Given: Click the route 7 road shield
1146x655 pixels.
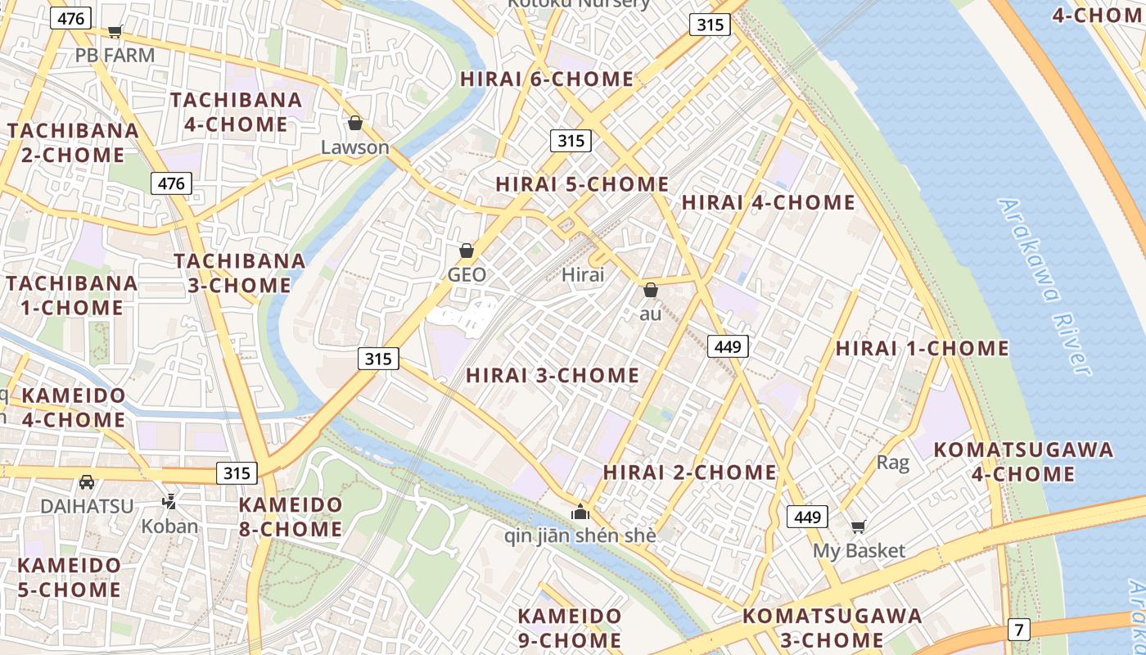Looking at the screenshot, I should click(1019, 630).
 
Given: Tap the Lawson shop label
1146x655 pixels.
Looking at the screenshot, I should click(354, 147).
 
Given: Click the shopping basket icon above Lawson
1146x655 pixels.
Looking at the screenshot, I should click(354, 124).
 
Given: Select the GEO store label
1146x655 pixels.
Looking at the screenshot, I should click(467, 275).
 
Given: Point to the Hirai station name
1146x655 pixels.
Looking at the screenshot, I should click(583, 275).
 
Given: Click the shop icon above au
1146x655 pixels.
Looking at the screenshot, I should click(651, 290).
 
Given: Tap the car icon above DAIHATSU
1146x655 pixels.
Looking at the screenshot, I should click(87, 481).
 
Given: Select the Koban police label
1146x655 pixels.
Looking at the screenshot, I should click(170, 526).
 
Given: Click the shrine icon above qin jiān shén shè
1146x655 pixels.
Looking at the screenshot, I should click(580, 513).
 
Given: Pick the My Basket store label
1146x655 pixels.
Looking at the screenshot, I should click(859, 551).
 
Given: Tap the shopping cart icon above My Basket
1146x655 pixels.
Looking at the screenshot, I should click(858, 526).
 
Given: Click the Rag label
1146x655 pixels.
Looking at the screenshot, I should click(892, 463).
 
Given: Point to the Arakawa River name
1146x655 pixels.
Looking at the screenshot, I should click(1046, 287).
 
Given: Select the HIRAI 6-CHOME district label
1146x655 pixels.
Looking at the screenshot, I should click(547, 79).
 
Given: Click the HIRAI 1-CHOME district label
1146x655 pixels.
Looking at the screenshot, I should click(922, 348).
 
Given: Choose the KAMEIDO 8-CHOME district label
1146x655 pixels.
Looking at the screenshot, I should click(291, 517).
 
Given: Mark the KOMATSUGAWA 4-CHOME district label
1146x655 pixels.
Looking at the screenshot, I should click(1023, 462).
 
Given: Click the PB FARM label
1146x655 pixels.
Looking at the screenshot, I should click(115, 56).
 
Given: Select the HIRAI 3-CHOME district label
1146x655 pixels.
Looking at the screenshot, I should click(553, 376).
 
